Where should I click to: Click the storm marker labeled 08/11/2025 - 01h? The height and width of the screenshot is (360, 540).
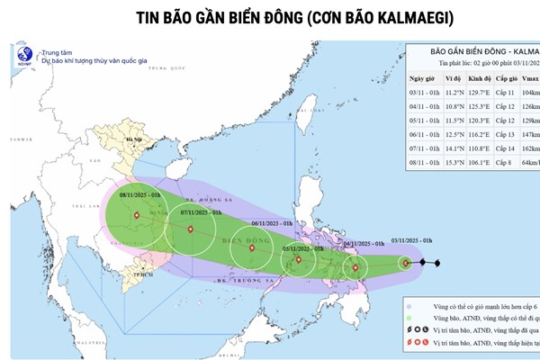(x=136, y=215)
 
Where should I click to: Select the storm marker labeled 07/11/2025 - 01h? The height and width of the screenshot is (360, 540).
(x=189, y=229)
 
